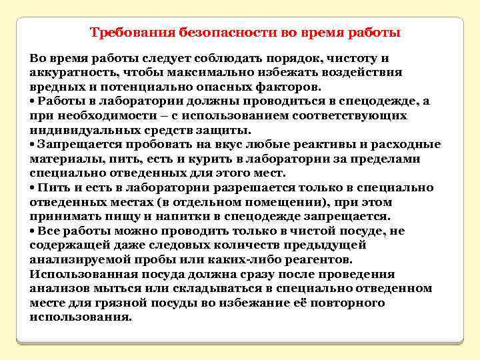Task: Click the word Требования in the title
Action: pyautogui.click(x=131, y=32)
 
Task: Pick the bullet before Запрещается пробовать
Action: pyautogui.click(x=33, y=145)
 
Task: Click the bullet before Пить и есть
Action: pyautogui.click(x=33, y=188)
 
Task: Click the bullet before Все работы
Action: pyautogui.click(x=33, y=231)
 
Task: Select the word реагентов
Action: pyautogui.click(x=317, y=260)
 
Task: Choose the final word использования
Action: pyautogui.click(x=81, y=317)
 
